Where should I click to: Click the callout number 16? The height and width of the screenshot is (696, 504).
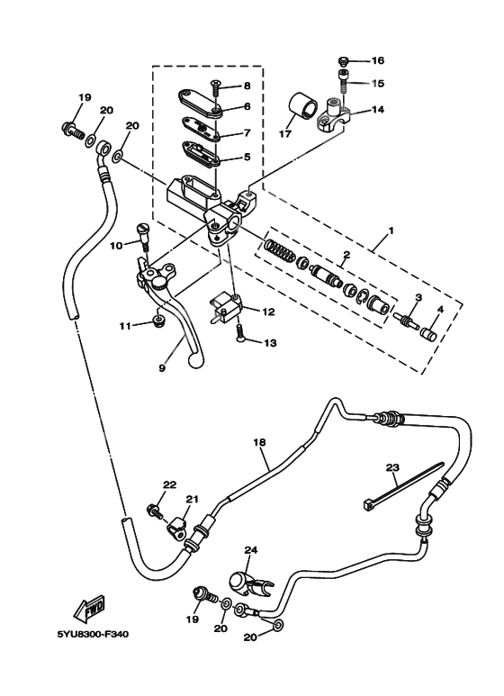(x=378, y=61)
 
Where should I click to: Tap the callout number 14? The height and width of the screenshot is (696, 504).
(x=378, y=110)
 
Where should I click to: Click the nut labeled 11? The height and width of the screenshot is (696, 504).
(x=158, y=321)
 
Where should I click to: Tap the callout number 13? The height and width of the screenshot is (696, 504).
(x=268, y=343)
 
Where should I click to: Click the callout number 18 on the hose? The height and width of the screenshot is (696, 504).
(x=260, y=443)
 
